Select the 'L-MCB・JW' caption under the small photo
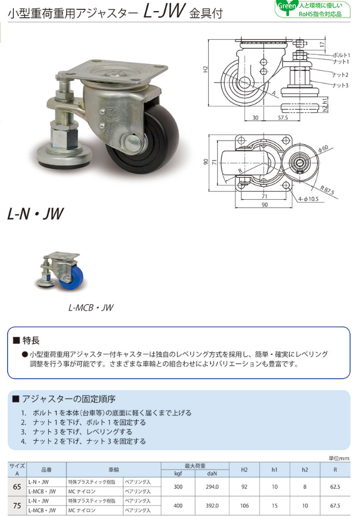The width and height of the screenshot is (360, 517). (x=91, y=308)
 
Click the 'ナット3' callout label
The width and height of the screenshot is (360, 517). (x=340, y=85)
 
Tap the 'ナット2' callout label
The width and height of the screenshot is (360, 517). (x=340, y=75)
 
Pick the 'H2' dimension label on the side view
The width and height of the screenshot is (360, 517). (x=205, y=70)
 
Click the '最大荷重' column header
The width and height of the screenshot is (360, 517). (x=195, y=466)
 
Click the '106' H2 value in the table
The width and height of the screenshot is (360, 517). (x=244, y=505)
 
